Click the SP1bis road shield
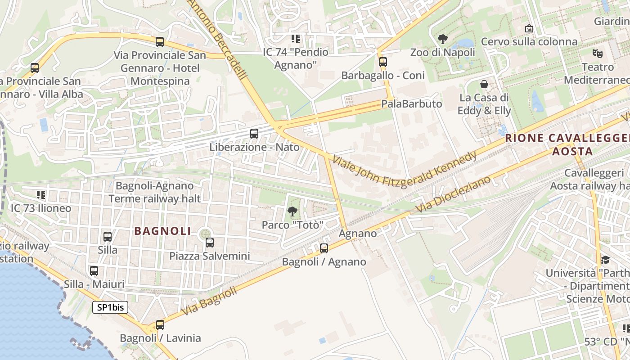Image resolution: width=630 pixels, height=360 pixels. click(x=110, y=307)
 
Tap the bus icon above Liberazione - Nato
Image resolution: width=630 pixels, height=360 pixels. click(x=254, y=134)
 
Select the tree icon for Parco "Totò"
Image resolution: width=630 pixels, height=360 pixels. click(x=292, y=211)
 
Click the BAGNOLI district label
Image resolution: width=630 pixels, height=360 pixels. click(x=163, y=231)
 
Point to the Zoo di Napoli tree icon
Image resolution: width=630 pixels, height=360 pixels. click(x=443, y=39)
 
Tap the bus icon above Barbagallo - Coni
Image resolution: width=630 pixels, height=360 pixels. click(x=383, y=62)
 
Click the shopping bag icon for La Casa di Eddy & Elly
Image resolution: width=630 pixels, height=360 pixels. click(x=484, y=84)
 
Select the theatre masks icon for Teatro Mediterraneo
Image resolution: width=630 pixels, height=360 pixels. click(x=598, y=54)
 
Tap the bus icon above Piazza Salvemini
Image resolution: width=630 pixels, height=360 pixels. click(x=210, y=243)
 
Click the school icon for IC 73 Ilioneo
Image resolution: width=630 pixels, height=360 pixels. click(x=41, y=195)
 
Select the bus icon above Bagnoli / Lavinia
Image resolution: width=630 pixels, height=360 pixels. click(x=160, y=324)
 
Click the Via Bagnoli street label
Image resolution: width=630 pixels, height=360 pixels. click(x=209, y=301)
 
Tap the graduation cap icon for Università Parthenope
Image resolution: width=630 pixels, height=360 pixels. click(x=605, y=260)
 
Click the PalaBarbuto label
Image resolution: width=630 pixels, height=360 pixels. click(x=412, y=104)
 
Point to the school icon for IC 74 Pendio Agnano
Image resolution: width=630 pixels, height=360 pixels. click(x=295, y=39)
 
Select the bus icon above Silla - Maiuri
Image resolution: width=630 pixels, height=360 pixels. click(x=94, y=271)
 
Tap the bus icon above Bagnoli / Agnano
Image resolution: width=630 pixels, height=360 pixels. click(x=324, y=248)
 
